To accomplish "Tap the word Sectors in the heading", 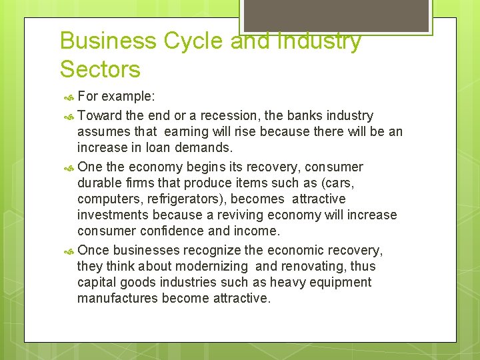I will (100, 69).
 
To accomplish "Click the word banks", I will (309, 116).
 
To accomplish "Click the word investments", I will (113, 215).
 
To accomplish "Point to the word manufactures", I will (117, 298).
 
